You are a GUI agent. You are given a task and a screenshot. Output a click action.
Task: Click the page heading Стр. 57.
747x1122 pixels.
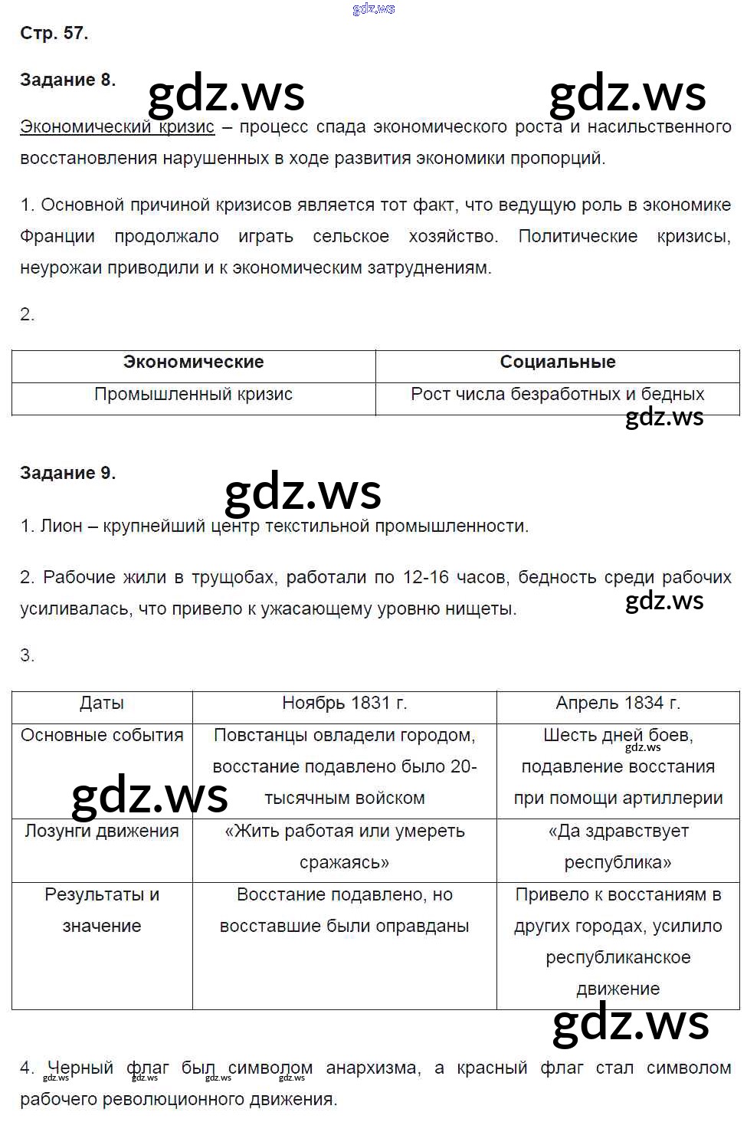pos(54,33)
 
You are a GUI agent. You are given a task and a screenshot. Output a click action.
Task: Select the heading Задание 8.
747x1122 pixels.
pos(67,80)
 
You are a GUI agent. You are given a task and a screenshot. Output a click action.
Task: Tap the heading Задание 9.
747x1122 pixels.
pos(67,473)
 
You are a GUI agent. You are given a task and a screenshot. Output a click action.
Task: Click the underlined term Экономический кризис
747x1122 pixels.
pos(117,126)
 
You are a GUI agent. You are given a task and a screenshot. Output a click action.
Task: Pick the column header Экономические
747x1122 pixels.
pos(193,362)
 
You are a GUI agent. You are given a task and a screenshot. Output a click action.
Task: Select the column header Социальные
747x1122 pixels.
pos(557,362)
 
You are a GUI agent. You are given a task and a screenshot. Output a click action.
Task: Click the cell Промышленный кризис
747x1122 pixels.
pos(193,394)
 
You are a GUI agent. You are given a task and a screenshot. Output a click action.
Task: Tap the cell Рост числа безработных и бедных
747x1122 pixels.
pos(557,394)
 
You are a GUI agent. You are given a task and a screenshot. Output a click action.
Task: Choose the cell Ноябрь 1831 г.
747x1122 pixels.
pos(344,703)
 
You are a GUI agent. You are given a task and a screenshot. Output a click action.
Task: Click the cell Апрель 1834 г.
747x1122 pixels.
pos(618,703)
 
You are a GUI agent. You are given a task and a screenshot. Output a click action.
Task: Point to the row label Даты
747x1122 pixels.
pos(101,703)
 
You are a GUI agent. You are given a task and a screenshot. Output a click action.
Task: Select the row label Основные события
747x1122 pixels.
pos(102,735)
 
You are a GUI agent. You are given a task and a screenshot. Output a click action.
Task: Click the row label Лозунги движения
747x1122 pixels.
pos(102,831)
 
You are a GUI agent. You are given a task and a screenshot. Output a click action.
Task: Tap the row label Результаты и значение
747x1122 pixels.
pos(102,910)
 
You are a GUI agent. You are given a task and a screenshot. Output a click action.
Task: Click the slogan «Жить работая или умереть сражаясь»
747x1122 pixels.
pos(344,846)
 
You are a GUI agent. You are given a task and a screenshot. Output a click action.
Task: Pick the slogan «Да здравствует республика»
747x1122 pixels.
pos(618,846)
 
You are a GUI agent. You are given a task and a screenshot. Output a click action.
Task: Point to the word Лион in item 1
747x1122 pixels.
pos(61,526)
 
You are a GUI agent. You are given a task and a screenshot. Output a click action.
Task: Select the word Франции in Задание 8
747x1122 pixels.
pos(57,236)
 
